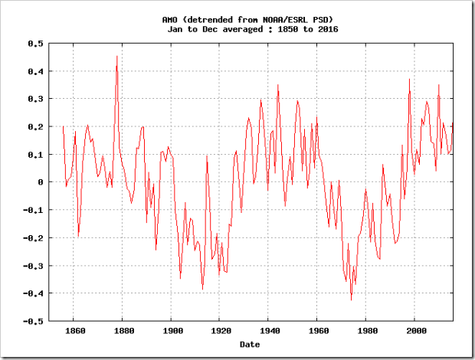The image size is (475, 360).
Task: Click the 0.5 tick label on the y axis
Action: (x=34, y=44)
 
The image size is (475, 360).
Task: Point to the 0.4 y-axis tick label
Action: (x=34, y=71)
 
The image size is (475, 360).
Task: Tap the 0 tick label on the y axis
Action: (x=39, y=182)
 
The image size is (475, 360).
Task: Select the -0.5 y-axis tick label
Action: (x=31, y=322)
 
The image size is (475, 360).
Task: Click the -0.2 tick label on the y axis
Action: (x=31, y=238)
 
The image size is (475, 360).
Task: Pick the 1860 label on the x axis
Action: (x=75, y=332)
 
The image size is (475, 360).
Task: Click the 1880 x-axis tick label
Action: (x=123, y=332)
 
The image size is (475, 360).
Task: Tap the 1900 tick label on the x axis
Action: (x=171, y=332)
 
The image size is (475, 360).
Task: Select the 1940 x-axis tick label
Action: (x=267, y=332)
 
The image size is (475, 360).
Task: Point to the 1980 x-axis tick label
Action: (x=365, y=332)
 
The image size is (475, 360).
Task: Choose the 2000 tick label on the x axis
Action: (x=414, y=332)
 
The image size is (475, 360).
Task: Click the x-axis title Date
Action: (x=250, y=344)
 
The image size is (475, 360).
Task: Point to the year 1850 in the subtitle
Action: (x=284, y=28)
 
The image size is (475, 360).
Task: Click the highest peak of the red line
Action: (x=116, y=56)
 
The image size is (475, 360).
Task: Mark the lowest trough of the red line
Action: (x=352, y=299)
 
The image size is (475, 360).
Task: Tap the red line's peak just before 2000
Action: (x=410, y=79)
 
